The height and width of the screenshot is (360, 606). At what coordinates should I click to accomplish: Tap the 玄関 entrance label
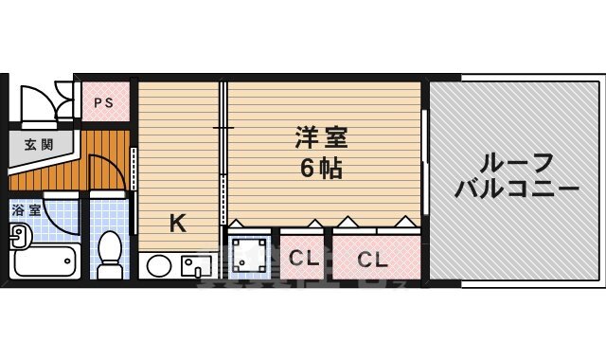coord(39,145)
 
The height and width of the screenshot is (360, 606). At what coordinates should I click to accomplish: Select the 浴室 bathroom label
coord(26,210)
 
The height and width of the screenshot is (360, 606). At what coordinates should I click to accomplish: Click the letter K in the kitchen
coord(176,224)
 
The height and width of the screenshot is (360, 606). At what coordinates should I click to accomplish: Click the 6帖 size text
coord(321,171)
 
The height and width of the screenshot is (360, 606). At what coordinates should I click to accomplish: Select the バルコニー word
coord(515,189)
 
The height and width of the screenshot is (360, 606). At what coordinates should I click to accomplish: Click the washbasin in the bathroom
coord(19,243)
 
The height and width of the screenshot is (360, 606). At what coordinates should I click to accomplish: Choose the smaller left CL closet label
coord(303,257)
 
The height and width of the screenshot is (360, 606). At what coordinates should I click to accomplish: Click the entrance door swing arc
coord(38,99)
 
